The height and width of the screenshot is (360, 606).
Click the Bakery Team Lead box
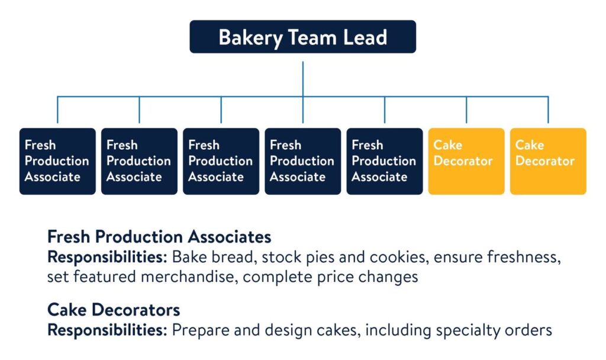pos(302,37)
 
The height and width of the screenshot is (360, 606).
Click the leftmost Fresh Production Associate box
pos(57,161)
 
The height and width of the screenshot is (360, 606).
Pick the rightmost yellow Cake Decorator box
pos(548,161)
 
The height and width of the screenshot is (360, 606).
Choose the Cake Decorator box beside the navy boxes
pos(466,161)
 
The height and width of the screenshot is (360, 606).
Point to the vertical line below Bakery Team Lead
pos(302,75)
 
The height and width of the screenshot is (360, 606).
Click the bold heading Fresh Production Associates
pos(159,237)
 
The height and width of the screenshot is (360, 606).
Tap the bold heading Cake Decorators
pos(114,309)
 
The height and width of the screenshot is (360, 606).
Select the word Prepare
pos(197,330)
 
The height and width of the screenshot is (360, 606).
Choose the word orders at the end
pos(532,330)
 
